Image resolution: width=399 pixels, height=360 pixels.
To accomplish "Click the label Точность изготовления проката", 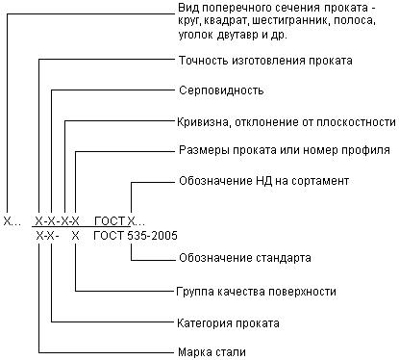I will tap(265, 61).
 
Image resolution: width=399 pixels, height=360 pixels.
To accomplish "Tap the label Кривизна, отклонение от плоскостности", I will tap(287, 122).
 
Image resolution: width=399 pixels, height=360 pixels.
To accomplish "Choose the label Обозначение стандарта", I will tap(244, 258).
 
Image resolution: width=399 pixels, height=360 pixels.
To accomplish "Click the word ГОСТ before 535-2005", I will tap(110, 235).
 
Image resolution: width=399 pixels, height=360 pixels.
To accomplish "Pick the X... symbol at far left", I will tap(11, 220).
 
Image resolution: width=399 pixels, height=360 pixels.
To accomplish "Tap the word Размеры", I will tap(203, 151).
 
